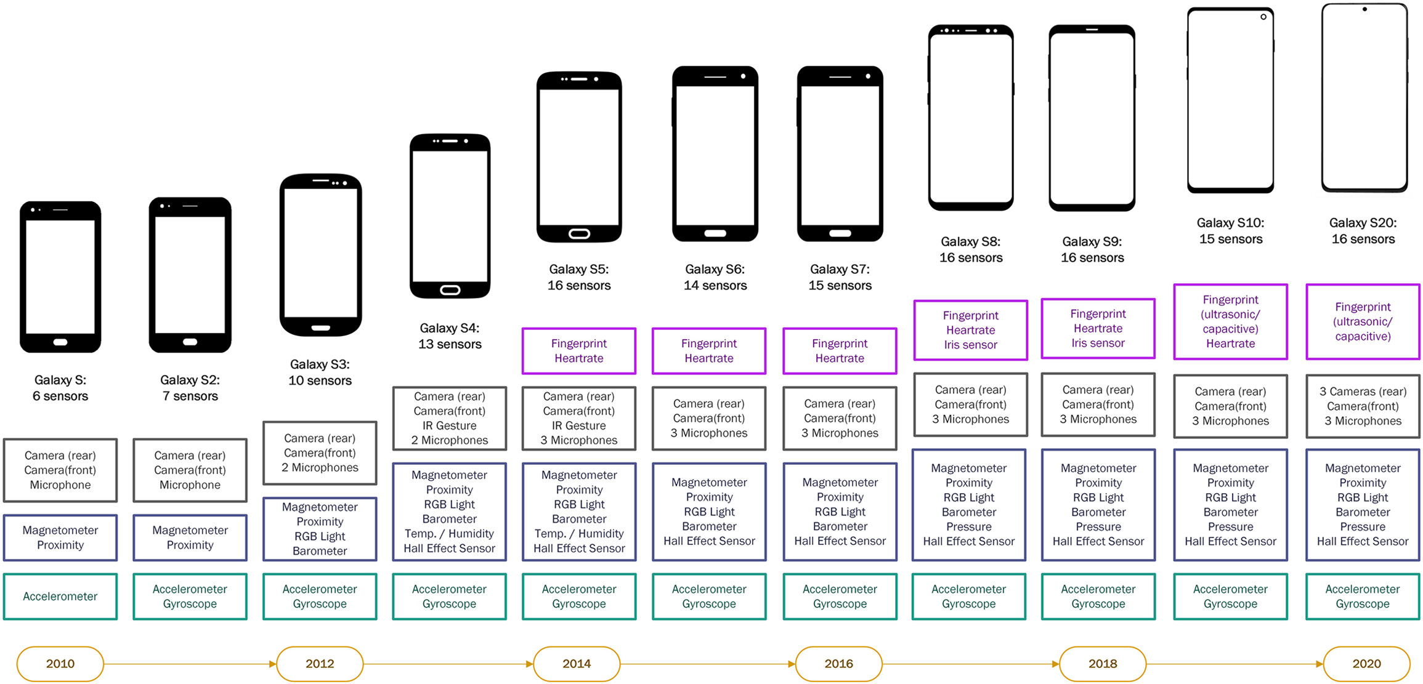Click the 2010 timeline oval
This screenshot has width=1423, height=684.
pyautogui.click(x=60, y=664)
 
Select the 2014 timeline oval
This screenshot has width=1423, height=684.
pyautogui.click(x=577, y=664)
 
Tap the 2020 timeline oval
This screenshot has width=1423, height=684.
pyautogui.click(x=1366, y=664)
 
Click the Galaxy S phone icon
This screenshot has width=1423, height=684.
pyautogui.click(x=60, y=276)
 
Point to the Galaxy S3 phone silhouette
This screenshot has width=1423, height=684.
pyautogui.click(x=320, y=255)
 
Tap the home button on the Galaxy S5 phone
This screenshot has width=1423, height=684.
pyautogui.click(x=579, y=233)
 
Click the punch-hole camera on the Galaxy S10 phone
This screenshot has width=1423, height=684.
pyautogui.click(x=1263, y=17)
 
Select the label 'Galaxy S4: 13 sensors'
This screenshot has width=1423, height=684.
pyautogui.click(x=450, y=336)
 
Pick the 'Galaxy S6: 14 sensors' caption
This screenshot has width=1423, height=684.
pyautogui.click(x=715, y=277)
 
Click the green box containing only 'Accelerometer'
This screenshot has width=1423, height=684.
pyautogui.click(x=60, y=596)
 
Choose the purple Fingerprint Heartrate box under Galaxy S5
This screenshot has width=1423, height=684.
pyautogui.click(x=579, y=351)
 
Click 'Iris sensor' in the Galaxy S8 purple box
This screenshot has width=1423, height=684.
pyautogui.click(x=970, y=345)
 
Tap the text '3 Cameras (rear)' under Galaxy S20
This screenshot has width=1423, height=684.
pyautogui.click(x=1363, y=392)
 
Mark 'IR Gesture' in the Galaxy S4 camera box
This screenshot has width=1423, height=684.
pyautogui.click(x=450, y=425)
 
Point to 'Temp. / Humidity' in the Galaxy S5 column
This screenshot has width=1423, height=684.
pyautogui.click(x=579, y=533)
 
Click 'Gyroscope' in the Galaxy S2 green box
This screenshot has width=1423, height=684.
pyautogui.click(x=190, y=604)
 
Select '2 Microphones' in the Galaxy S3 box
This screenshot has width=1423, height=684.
pyautogui.click(x=320, y=467)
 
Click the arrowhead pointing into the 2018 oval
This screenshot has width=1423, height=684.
pyautogui.click(x=1055, y=664)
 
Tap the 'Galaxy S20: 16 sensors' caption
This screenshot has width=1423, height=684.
pyautogui.click(x=1363, y=231)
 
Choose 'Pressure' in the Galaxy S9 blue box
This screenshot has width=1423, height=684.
pyautogui.click(x=1098, y=526)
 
